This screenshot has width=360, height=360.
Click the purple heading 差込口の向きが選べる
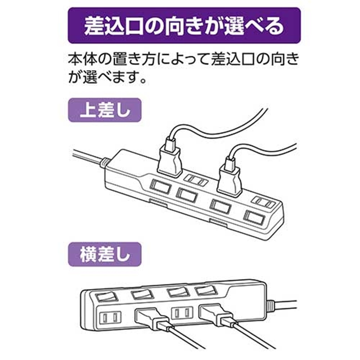tap(184, 26)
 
